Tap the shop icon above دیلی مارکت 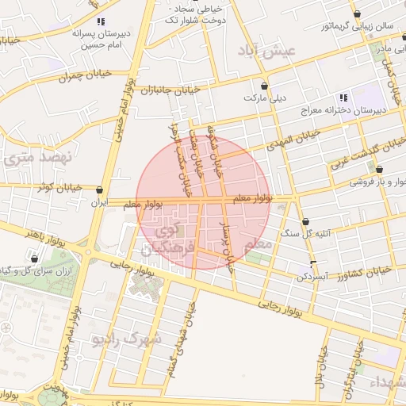[x=264, y=86]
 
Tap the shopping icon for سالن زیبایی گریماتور [x=358, y=13]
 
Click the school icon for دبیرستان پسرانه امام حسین [x=100, y=21]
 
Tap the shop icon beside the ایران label [x=99, y=190]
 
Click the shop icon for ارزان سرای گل [x=34, y=258]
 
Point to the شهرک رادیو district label [x=127, y=339]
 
